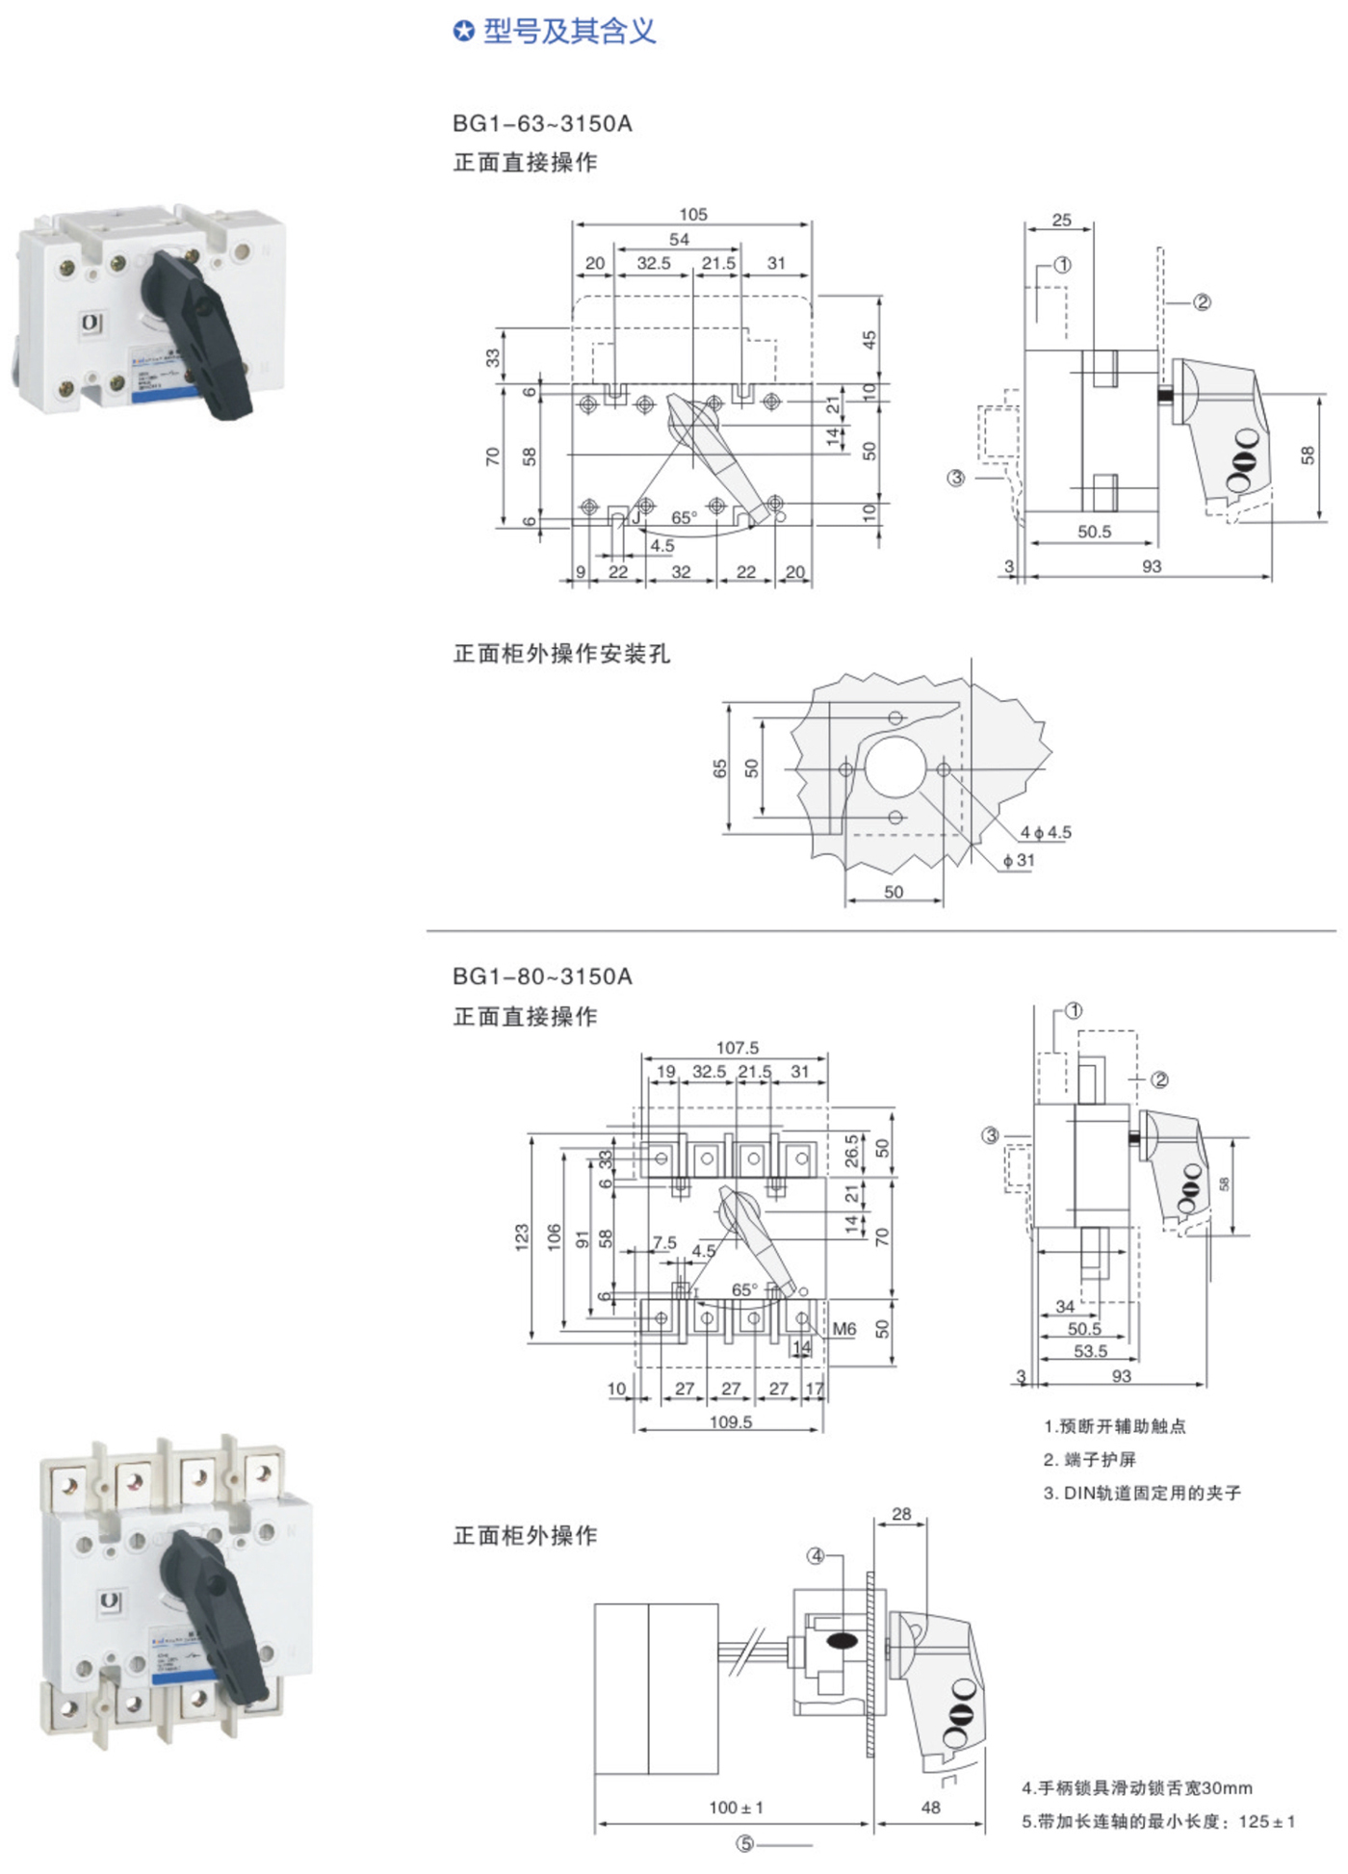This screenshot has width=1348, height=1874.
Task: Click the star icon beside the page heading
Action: (463, 32)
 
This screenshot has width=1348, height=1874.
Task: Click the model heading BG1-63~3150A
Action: (542, 123)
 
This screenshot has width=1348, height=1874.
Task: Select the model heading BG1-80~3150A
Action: (542, 976)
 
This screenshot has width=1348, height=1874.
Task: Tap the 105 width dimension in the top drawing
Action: (692, 214)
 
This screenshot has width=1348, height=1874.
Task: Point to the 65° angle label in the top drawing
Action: (684, 518)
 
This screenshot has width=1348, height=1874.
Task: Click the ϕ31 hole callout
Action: (1019, 860)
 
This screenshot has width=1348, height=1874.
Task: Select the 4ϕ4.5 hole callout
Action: (1046, 832)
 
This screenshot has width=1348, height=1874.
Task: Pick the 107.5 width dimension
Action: (737, 1048)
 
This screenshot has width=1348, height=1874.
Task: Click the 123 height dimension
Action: (522, 1237)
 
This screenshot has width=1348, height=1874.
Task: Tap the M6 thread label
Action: (843, 1329)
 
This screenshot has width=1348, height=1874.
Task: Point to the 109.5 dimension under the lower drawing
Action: (730, 1421)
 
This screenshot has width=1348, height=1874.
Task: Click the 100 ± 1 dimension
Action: (736, 1808)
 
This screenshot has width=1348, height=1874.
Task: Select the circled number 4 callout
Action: (816, 1555)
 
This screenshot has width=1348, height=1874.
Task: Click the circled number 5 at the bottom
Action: (744, 1843)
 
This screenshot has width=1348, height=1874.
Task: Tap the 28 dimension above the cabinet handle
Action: (901, 1514)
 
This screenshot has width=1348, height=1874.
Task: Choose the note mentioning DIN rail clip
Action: (1142, 1493)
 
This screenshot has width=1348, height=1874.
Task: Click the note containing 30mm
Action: (1137, 1788)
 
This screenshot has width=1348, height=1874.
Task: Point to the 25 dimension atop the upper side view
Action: (1061, 220)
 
